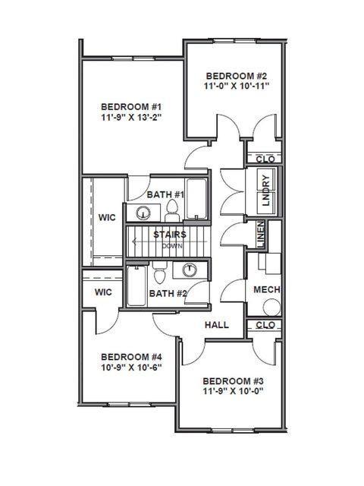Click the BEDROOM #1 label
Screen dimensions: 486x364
tap(130, 106)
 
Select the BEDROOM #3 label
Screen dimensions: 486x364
tap(232, 381)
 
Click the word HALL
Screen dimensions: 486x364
tap(217, 325)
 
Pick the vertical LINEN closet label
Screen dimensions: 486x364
tap(260, 232)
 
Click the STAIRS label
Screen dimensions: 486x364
tap(166, 235)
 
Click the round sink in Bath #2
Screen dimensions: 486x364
tap(188, 270)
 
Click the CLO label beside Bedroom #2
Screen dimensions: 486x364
tap(265, 159)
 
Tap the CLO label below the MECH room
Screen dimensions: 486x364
tap(265, 325)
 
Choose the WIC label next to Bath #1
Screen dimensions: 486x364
tap(107, 218)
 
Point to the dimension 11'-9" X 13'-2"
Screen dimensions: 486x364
tap(130, 118)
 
